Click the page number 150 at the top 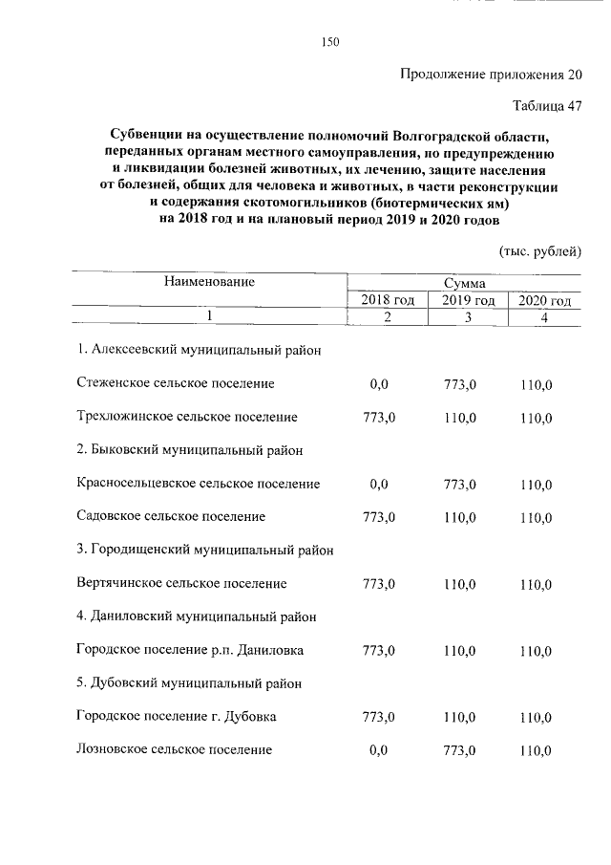[330, 41]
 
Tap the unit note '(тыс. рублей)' [540, 251]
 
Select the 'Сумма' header [464, 284]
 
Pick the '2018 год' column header [387, 300]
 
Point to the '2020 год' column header [544, 300]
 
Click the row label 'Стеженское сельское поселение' [176, 383]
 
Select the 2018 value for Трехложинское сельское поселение [379, 418]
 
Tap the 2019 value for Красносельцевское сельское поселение [460, 485]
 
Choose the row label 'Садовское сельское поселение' [171, 516]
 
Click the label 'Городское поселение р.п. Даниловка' [190, 650]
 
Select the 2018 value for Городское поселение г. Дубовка [379, 717]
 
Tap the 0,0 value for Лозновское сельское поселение [379, 750]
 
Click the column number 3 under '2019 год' [468, 317]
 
